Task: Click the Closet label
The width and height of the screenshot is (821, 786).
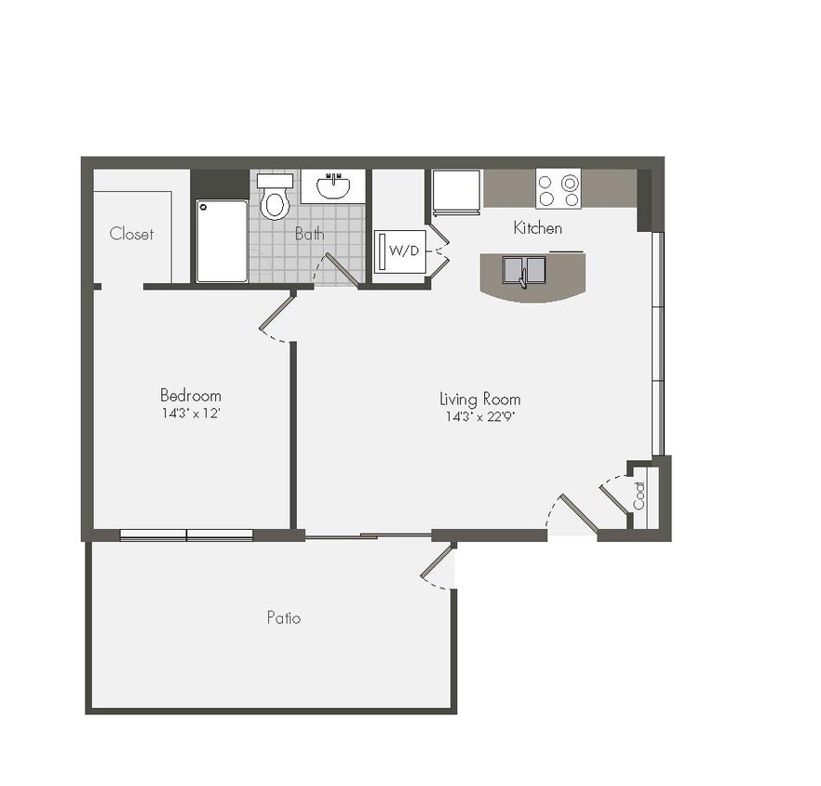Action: click(131, 234)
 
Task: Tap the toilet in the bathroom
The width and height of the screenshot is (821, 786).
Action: click(275, 197)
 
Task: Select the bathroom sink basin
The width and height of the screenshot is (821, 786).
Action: click(333, 187)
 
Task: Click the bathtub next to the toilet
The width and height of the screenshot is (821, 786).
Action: click(222, 240)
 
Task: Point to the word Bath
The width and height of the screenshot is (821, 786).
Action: click(310, 234)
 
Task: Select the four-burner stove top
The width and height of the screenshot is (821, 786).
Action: click(559, 189)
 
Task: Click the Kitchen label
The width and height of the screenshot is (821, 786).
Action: click(538, 227)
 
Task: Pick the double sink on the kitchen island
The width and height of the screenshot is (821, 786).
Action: click(524, 270)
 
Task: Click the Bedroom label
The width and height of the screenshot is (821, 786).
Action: click(191, 395)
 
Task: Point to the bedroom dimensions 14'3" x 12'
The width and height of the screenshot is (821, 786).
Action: click(190, 413)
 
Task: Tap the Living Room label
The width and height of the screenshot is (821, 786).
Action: click(480, 399)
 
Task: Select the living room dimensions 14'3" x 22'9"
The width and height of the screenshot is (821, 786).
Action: click(480, 416)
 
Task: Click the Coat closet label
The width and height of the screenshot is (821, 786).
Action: click(639, 495)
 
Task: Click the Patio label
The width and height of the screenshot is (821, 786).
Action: click(284, 617)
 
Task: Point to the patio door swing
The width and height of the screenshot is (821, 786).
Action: click(436, 567)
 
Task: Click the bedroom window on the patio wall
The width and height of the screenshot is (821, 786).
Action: click(187, 535)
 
